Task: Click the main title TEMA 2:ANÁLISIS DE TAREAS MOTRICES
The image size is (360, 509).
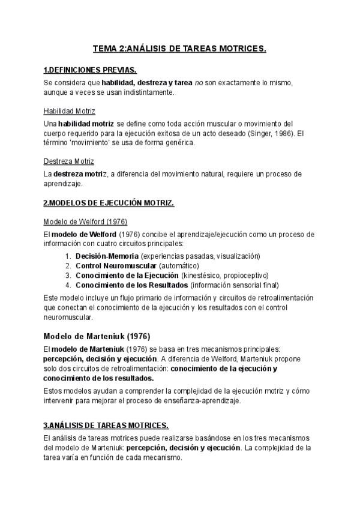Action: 179,49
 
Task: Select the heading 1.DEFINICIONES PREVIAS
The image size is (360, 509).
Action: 90,70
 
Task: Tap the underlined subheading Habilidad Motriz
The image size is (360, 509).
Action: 69,111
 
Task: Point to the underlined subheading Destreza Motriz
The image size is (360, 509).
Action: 68,161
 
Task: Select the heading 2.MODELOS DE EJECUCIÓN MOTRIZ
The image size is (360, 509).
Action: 109,203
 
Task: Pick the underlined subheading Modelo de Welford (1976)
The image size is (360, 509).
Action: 85,221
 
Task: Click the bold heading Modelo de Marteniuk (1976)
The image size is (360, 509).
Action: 97,336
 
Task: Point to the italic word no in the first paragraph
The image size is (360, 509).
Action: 199,82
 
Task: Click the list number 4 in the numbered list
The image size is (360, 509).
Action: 69,285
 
